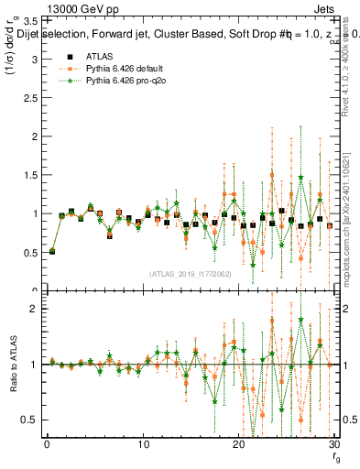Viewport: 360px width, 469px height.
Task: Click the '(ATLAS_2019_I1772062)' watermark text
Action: click(191, 274)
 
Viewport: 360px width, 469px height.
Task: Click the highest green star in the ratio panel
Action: click(300, 320)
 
